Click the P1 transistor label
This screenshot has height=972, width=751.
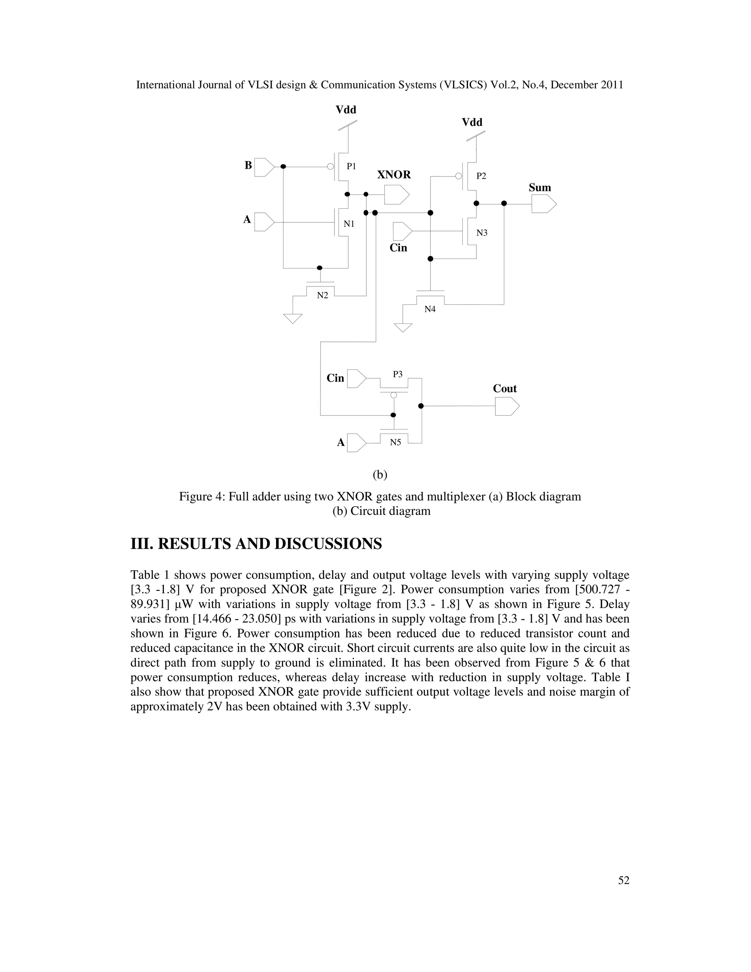351,167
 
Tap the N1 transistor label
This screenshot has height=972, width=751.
349,224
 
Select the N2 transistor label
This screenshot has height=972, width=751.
323,295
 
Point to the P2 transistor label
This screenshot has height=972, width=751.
481,176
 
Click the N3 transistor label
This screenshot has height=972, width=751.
482,233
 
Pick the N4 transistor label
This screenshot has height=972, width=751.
430,309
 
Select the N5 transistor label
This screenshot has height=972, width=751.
396,442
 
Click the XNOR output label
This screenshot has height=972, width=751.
394,175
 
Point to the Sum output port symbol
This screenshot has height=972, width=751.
544,204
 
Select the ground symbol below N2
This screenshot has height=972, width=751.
293,318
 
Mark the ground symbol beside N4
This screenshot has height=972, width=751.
403,328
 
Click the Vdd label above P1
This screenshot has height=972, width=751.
346,109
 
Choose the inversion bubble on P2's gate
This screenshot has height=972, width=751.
459,176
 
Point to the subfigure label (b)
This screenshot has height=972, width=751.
380,475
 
